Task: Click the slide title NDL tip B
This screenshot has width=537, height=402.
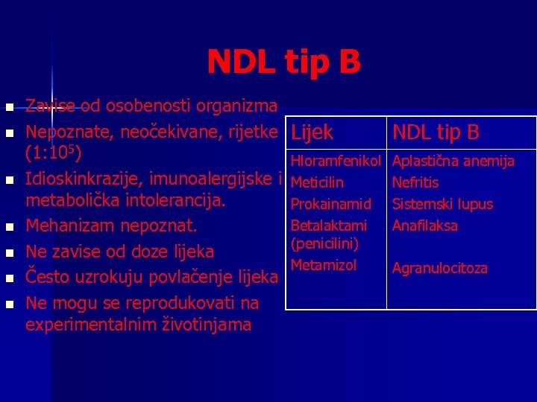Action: pos(283,63)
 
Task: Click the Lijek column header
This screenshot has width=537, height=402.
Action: pos(312,133)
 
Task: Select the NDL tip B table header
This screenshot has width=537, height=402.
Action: pos(436,133)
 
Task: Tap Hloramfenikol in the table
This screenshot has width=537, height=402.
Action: pos(336,161)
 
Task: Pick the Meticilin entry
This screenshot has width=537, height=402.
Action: pos(318,182)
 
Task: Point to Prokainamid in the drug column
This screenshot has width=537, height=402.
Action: pos(330,204)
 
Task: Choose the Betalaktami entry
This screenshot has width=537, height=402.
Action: pos(328,225)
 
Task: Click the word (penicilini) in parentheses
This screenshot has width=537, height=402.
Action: pos(325,244)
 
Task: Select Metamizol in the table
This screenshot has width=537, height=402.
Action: pos(324,265)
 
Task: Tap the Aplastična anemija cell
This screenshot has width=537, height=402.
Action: pos(453,161)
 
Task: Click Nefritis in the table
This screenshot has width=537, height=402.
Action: pos(415,182)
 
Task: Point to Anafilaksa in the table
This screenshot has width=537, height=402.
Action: pos(425,225)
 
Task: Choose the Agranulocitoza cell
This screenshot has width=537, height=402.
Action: pos(440,268)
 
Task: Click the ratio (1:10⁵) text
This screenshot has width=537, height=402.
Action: pos(57,154)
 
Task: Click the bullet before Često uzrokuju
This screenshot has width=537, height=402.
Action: pos(9,278)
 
